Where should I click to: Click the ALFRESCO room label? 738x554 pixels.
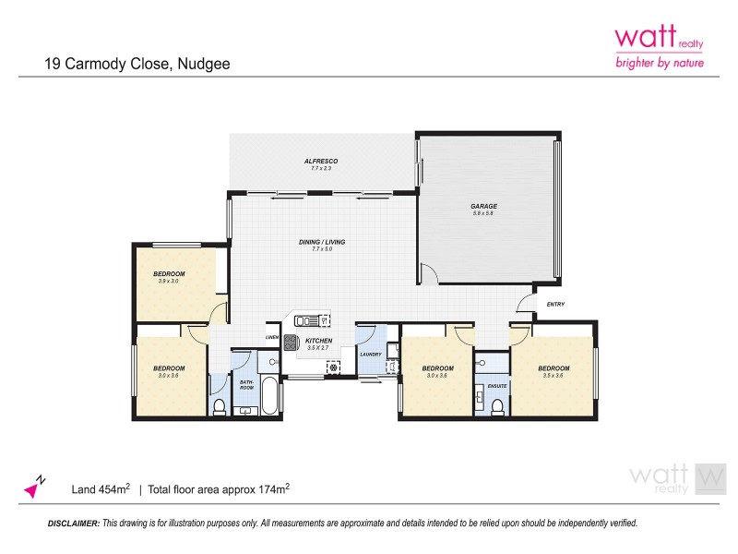(x=321, y=162)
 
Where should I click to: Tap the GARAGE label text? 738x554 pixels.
(x=484, y=206)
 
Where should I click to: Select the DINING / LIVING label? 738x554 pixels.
(x=321, y=242)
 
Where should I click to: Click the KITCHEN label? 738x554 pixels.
(x=318, y=341)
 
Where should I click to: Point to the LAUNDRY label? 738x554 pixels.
(x=371, y=354)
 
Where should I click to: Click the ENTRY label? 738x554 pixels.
(x=555, y=305)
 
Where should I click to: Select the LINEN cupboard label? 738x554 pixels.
(x=272, y=337)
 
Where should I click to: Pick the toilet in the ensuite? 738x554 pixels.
(x=497, y=405)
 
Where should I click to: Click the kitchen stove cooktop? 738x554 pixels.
(x=289, y=343)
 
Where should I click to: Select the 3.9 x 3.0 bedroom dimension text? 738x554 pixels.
(x=169, y=281)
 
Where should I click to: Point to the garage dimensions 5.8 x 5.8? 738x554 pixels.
(x=484, y=213)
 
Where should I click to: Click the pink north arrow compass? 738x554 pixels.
(x=36, y=486)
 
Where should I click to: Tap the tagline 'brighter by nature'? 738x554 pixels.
(x=659, y=63)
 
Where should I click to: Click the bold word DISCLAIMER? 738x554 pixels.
(x=73, y=523)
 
